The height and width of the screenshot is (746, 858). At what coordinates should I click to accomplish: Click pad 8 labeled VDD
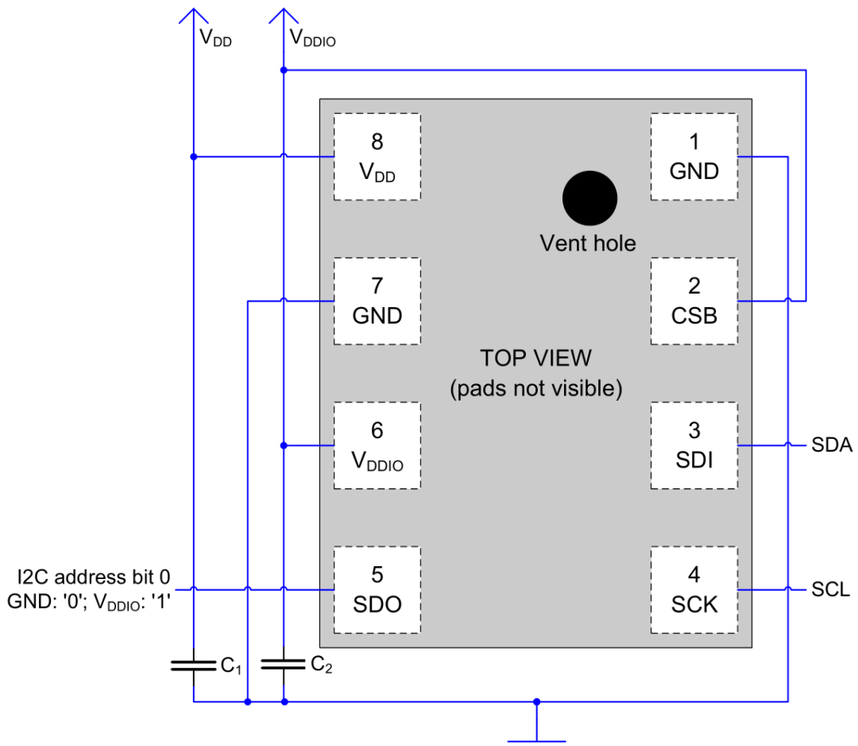point(377,157)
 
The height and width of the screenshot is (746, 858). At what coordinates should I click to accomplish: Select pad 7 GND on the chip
point(377,301)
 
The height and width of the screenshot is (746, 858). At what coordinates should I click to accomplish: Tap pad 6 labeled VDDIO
point(377,445)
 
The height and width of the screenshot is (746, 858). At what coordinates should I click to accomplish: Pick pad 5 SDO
point(377,589)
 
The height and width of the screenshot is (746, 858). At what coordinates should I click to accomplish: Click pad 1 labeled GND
point(694,157)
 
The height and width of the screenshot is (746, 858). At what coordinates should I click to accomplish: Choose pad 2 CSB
point(694,301)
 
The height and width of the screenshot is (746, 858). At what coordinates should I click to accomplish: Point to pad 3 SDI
point(694,445)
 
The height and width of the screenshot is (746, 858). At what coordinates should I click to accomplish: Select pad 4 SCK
point(694,589)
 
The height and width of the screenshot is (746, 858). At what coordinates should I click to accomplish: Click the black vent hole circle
point(589,199)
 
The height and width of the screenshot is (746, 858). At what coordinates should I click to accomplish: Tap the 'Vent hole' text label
point(588,243)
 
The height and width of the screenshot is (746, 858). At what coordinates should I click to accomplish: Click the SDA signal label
point(832,445)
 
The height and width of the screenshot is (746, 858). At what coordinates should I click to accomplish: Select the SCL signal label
point(831,590)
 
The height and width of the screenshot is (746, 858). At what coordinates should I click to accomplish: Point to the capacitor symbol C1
point(193,665)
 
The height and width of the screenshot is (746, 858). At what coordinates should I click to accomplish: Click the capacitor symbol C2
point(284,664)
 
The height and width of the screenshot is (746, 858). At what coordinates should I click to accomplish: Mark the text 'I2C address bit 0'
point(94,575)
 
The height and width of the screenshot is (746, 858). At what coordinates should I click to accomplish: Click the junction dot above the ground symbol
point(537,701)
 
